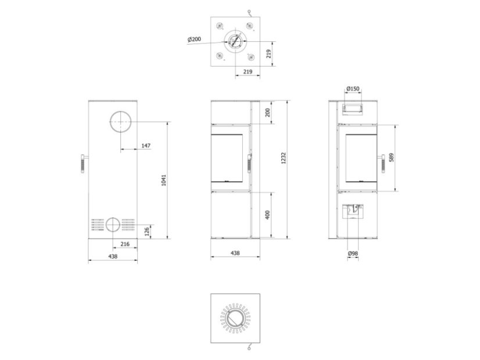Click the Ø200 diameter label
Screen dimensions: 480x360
click(195, 39)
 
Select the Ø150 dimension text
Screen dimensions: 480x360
click(353, 89)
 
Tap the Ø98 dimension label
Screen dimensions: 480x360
click(353, 253)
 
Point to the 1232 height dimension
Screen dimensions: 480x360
click(284, 158)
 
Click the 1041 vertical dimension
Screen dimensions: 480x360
click(164, 180)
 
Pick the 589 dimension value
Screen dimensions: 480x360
click(391, 157)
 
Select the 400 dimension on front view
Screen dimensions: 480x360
click(267, 215)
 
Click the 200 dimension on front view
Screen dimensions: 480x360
click(267, 113)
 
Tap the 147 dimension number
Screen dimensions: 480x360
click(146, 146)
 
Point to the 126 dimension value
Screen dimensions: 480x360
click(147, 232)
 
